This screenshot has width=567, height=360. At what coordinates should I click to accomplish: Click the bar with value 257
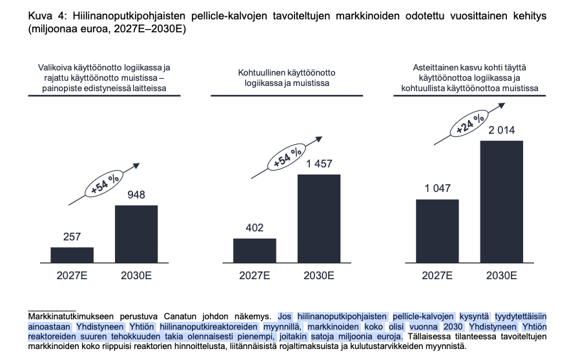click(72, 255)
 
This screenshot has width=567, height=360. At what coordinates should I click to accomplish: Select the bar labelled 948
click(136, 234)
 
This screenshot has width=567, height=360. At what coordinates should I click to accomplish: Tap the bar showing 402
click(254, 251)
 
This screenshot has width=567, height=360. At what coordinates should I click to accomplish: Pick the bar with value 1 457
click(319, 218)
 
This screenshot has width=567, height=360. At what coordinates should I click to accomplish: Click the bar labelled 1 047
click(437, 231)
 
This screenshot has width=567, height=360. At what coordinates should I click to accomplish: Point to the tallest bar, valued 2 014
click(502, 202)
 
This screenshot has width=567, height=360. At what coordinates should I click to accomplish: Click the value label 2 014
click(502, 131)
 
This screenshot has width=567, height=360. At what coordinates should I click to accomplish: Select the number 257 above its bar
click(72, 237)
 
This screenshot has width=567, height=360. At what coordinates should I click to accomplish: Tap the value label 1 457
click(319, 164)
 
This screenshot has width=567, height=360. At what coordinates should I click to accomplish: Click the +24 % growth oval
click(469, 123)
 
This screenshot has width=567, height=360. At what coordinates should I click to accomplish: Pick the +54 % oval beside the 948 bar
click(104, 184)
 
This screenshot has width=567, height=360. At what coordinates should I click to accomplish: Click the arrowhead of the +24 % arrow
click(502, 105)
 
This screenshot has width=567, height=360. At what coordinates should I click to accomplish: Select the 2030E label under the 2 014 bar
click(502, 276)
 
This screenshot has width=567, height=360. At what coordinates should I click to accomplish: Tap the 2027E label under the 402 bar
click(254, 276)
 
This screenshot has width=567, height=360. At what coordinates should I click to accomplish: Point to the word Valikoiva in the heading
click(55, 68)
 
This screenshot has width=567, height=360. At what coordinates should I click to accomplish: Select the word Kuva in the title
click(39, 16)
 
